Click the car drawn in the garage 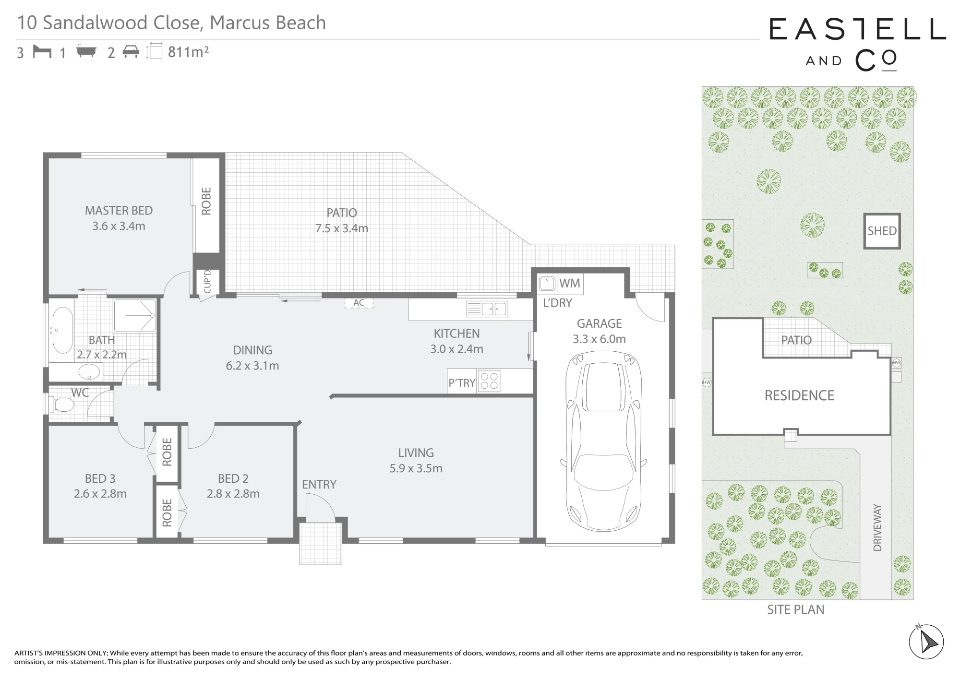[603, 441]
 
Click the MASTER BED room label [119, 211]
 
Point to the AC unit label [359, 303]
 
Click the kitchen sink [487, 309]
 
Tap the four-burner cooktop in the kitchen [489, 381]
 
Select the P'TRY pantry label [462, 383]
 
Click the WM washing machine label [570, 283]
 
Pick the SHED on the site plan [882, 231]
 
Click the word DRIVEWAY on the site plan [877, 527]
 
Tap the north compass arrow [927, 642]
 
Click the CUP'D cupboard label [207, 282]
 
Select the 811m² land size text [188, 52]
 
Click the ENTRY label [319, 485]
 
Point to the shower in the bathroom [135, 316]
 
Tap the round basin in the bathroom [89, 371]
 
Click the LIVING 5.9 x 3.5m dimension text [416, 468]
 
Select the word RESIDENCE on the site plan [799, 395]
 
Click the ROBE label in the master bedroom [206, 201]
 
